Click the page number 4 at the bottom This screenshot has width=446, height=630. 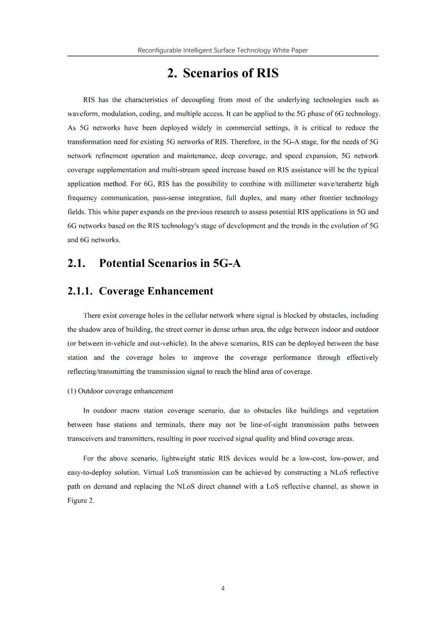pos(223,588)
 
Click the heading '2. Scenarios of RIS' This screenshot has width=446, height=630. pos(223,73)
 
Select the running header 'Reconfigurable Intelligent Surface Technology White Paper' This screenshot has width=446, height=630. pos(223,50)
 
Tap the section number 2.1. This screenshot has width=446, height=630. pos(76,263)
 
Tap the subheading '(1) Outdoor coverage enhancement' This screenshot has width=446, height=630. pos(120,391)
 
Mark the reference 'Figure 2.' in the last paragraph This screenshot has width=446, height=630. pos(81,501)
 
